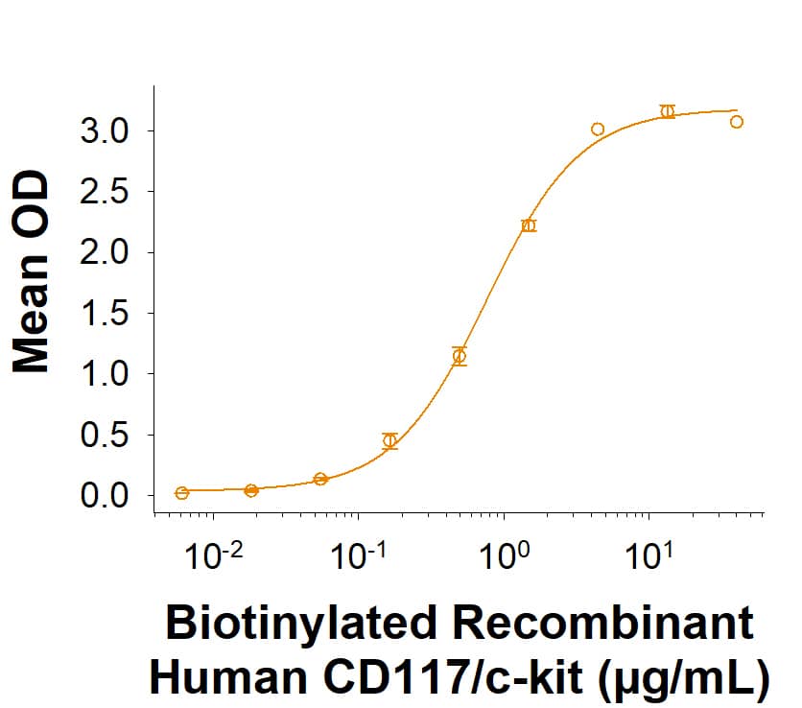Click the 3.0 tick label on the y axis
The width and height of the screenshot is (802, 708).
104,130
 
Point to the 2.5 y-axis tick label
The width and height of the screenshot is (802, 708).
104,192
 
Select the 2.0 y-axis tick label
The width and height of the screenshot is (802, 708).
104,252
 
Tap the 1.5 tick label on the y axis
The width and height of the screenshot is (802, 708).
104,314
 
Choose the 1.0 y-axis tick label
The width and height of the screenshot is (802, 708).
104,374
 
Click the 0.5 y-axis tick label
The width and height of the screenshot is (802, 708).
104,436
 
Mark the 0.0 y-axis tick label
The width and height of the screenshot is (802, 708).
104,496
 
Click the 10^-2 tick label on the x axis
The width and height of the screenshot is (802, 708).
212,557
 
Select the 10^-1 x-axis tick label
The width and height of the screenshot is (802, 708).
358,557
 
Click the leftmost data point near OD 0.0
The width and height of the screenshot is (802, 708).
182,492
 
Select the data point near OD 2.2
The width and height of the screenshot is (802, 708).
529,225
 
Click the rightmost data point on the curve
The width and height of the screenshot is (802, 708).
737,122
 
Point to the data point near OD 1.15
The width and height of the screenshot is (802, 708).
460,356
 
